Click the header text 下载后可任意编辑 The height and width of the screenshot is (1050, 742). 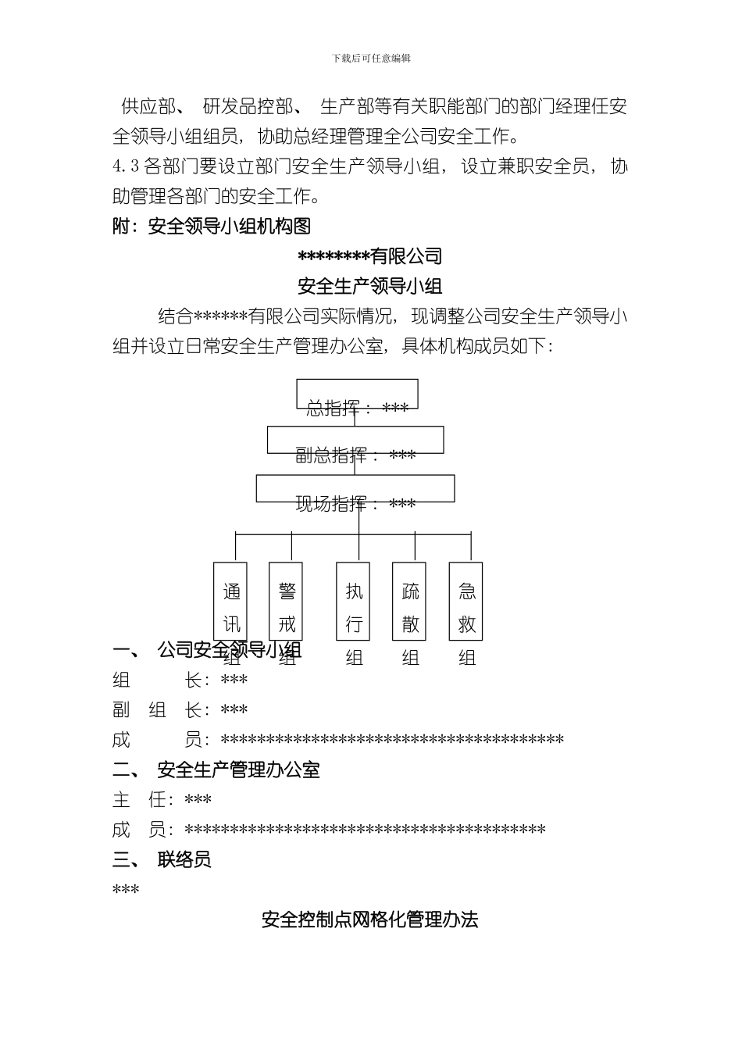pyautogui.click(x=371, y=59)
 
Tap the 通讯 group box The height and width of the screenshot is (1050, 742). pyautogui.click(x=230, y=601)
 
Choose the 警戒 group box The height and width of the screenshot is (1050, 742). pyautogui.click(x=286, y=601)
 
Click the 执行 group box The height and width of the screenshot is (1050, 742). pyautogui.click(x=354, y=601)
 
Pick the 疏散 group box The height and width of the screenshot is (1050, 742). pyautogui.click(x=409, y=601)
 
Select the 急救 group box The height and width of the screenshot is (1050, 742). pyautogui.click(x=466, y=601)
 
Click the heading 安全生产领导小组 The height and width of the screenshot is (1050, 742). pyautogui.click(x=370, y=286)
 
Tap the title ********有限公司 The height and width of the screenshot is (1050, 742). pyautogui.click(x=370, y=255)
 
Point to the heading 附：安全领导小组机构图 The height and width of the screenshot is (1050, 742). pyautogui.click(x=212, y=227)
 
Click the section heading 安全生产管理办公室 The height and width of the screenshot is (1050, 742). pyautogui.click(x=238, y=770)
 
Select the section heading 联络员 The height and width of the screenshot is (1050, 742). pyautogui.click(x=184, y=860)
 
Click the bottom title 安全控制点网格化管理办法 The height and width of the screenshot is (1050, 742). pyautogui.click(x=370, y=920)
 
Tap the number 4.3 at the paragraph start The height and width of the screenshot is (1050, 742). pyautogui.click(x=126, y=166)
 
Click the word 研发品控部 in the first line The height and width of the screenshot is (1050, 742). pyautogui.click(x=248, y=106)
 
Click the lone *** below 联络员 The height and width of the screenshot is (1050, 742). pyautogui.click(x=126, y=890)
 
